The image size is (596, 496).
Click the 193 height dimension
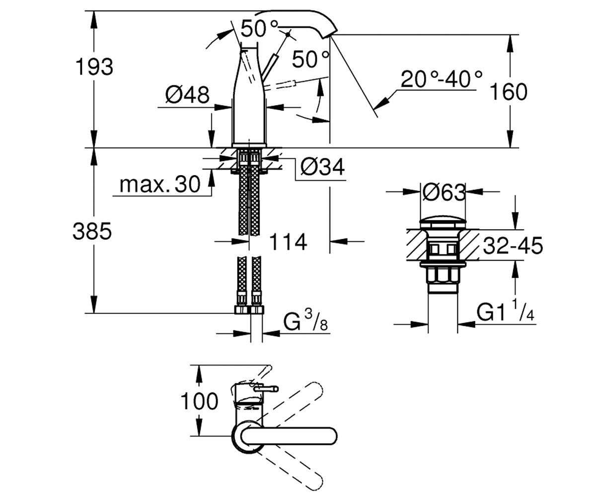(94, 67)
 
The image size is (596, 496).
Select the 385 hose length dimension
(92, 231)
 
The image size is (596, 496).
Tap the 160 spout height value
(509, 92)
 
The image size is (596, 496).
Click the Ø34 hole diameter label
(322, 167)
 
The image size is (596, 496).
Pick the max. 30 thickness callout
(160, 185)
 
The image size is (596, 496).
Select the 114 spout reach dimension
(288, 242)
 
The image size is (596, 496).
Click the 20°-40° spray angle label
(442, 79)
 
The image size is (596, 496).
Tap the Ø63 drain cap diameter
(444, 192)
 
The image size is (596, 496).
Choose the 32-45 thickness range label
(513, 246)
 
